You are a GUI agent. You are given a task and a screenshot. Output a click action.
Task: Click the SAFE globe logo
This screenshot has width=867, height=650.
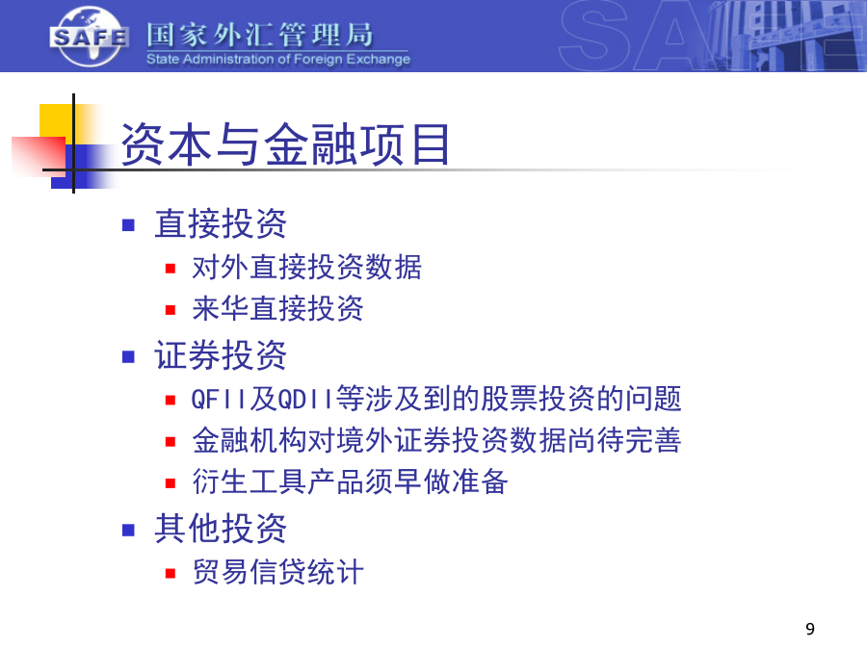90,37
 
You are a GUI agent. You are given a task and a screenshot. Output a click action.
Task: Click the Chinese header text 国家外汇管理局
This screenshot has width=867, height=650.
260,35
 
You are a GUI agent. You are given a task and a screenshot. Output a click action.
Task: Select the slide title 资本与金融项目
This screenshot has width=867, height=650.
285,144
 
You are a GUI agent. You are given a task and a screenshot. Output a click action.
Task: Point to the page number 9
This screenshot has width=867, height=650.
810,629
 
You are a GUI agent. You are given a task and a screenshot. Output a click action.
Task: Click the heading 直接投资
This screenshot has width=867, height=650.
220,223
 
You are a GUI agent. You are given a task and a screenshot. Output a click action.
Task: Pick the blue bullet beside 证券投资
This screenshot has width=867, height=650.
128,356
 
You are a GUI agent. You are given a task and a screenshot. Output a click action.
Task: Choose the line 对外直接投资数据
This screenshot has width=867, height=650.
307,267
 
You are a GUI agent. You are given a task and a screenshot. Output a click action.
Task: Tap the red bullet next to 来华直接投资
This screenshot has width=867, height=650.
171,310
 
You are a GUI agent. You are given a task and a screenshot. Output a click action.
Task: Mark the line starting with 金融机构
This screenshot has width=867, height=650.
436,440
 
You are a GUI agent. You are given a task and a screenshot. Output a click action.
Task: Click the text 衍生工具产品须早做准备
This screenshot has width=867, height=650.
350,481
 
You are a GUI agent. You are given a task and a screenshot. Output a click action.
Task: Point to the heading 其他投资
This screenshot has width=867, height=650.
220,529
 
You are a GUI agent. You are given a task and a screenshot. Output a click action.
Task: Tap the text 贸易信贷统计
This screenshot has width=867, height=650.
277,571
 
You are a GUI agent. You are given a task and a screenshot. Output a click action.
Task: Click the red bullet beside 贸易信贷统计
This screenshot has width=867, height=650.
171,573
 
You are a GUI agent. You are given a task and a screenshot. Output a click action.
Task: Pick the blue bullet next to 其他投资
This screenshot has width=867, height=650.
128,530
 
